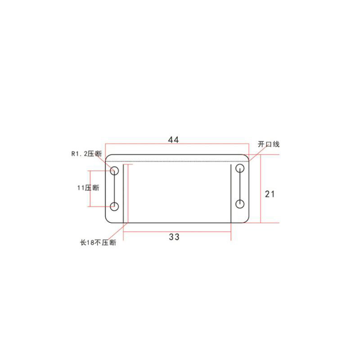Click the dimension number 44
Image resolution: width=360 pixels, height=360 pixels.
pos(174,140)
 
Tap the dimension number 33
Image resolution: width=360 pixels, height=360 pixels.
pos(174,237)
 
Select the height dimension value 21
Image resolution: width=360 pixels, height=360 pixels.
pos(270,194)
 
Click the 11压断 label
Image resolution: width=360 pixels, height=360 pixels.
pos(88,188)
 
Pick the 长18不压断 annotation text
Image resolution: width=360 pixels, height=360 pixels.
pos(98,243)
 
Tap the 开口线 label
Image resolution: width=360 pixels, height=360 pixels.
pos(269,144)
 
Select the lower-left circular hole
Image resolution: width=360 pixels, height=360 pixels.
pos(115,207)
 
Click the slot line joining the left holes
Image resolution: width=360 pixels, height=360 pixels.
pos(115,189)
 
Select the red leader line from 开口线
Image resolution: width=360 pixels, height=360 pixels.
pos(255,153)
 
